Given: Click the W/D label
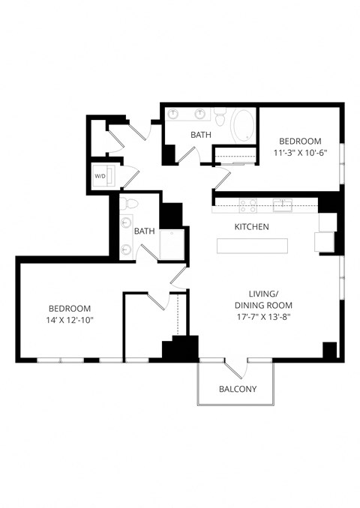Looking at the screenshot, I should tap(100, 176).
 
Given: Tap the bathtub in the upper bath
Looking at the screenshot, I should tap(242, 125).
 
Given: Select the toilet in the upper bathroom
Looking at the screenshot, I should tap(220, 116).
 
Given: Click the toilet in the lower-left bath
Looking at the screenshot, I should tap(130, 204).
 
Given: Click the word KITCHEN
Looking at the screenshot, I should tap(252, 226).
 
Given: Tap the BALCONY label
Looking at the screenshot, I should tap(238, 389).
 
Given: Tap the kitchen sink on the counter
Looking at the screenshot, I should tap(282, 203).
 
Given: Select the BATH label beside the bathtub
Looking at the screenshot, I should tap(200, 135).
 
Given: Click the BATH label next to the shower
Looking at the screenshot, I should tap(145, 232).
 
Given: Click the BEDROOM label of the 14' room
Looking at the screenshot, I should tap(70, 308).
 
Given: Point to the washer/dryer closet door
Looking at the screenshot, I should tap(130, 178).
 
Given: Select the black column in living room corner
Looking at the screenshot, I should tap(329, 350).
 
